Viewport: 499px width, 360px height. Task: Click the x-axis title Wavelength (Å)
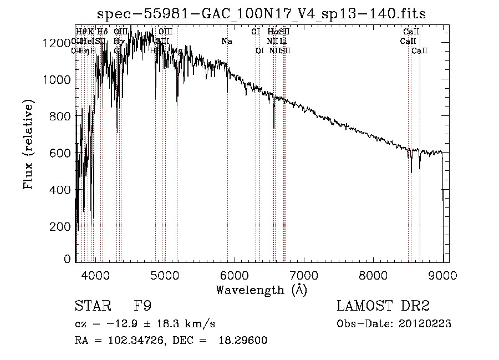click(x=261, y=290)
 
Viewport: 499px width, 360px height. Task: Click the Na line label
click(x=227, y=41)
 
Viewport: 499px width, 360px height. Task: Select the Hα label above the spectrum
click(x=272, y=32)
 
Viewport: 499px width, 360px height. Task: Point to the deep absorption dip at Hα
click(x=274, y=125)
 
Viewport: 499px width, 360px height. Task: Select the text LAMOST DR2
click(x=383, y=306)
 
